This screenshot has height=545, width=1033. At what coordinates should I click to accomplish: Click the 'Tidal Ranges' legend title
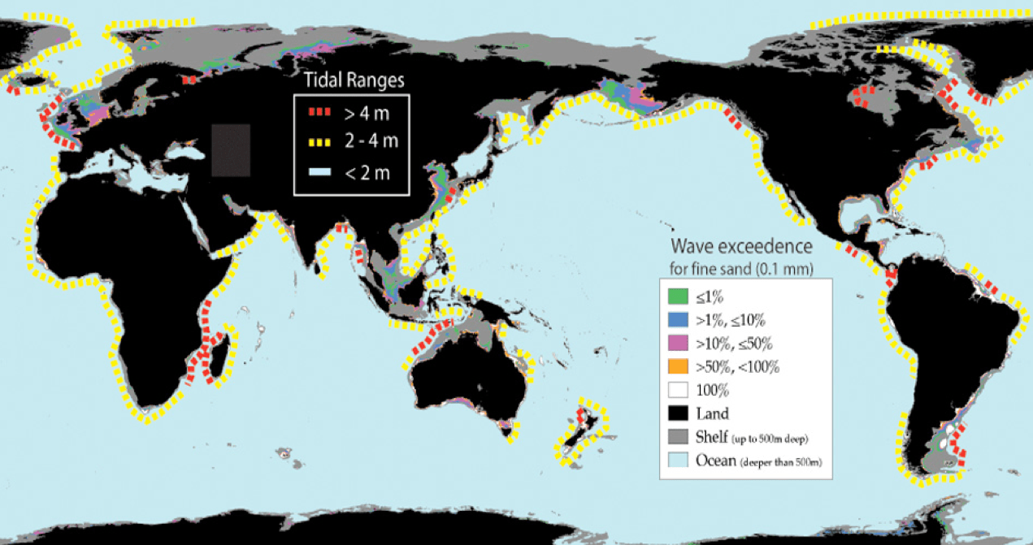353,80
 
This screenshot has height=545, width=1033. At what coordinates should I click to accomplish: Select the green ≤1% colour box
677,296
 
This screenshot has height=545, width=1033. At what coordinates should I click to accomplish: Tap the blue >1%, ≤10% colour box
677,319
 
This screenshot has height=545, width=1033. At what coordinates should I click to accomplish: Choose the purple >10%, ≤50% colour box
677,343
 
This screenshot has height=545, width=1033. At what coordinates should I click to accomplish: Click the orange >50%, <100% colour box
677,366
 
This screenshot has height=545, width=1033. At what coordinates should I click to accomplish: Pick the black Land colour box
677,413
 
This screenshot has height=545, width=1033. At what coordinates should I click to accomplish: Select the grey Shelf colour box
677,437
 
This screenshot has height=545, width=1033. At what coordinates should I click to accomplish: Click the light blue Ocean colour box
677,461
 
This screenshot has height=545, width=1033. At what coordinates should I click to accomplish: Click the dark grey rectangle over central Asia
231,150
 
